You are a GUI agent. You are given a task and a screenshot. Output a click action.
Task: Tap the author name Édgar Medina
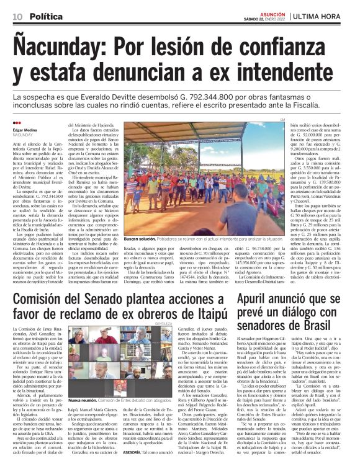tap(24, 129)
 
